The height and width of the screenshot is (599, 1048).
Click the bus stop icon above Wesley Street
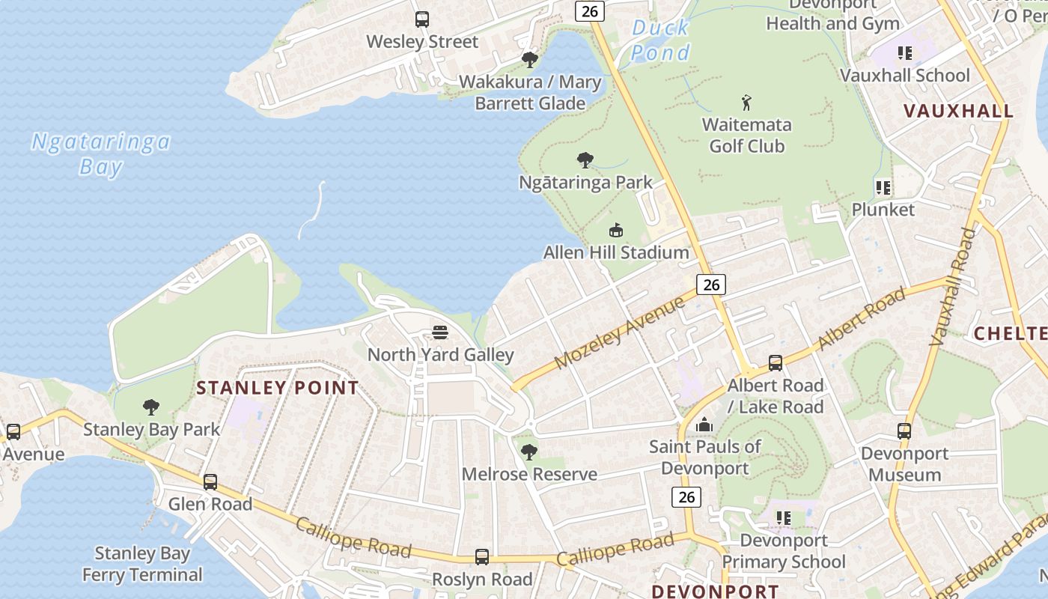click(422, 19)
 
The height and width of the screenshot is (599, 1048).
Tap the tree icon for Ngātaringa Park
click(585, 159)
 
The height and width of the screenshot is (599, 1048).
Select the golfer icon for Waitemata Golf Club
click(746, 102)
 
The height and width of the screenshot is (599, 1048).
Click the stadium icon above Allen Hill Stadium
click(616, 230)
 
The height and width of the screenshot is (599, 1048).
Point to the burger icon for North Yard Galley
click(440, 332)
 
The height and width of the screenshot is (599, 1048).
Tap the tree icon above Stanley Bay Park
click(151, 407)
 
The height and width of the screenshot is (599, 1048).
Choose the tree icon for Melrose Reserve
click(529, 451)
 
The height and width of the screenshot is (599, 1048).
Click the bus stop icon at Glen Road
click(210, 482)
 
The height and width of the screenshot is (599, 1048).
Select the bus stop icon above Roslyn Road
click(482, 557)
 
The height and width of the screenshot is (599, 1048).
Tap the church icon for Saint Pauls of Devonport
click(704, 425)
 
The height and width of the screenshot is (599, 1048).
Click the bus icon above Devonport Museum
click(904, 431)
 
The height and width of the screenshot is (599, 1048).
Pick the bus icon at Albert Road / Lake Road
click(776, 363)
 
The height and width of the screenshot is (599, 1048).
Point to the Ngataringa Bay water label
click(100, 153)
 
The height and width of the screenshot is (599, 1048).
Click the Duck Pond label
click(660, 40)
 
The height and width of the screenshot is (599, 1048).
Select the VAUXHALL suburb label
click(958, 112)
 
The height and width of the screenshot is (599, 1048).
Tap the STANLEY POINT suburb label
click(277, 388)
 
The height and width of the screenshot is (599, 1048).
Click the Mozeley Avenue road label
click(620, 332)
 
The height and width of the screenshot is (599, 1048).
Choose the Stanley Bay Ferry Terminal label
click(142, 565)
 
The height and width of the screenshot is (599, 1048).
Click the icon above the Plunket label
click(883, 187)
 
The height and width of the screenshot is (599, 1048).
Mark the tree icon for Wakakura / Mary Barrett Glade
click(530, 59)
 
